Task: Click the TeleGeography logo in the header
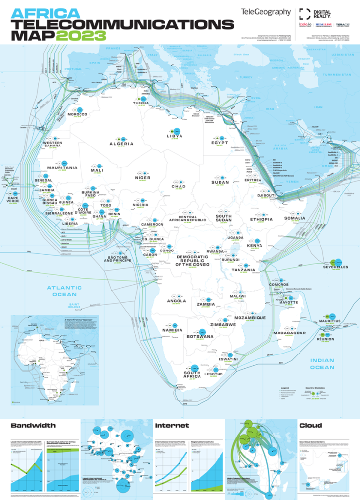pos(265,12)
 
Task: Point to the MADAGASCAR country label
pos(289,333)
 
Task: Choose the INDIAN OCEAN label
pos(322,364)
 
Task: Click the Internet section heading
pos(172,425)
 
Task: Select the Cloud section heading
pos(310,425)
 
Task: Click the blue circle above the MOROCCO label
pos(80,110)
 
